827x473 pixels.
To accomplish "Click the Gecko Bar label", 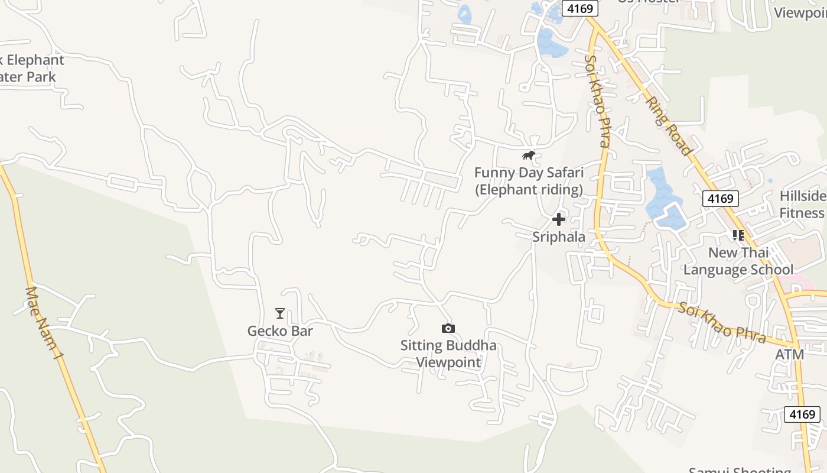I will click(x=280, y=331).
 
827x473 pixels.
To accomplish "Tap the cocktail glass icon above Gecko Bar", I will click(x=280, y=313).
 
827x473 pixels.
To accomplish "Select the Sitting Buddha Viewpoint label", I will click(x=448, y=354).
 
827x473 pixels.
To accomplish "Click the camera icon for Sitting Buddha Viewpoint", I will click(x=448, y=329).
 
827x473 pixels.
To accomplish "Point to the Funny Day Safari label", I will click(x=529, y=181).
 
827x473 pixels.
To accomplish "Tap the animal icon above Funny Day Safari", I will click(x=529, y=155).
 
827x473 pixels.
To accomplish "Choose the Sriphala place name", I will click(x=559, y=237).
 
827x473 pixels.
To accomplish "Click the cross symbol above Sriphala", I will click(x=558, y=220).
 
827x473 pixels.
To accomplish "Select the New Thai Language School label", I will click(x=738, y=261).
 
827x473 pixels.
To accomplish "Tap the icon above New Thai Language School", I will click(x=738, y=235).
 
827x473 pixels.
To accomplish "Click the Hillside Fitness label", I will click(x=802, y=205).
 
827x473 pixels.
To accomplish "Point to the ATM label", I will click(x=790, y=355).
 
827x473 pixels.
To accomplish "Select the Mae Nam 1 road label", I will click(x=44, y=323).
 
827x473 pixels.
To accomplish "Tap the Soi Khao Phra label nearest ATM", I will click(x=722, y=323).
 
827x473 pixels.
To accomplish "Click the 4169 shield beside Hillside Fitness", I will click(x=720, y=199).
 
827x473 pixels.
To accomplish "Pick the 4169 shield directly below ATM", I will click(x=802, y=414).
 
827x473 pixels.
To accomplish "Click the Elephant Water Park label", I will click(x=30, y=68).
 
